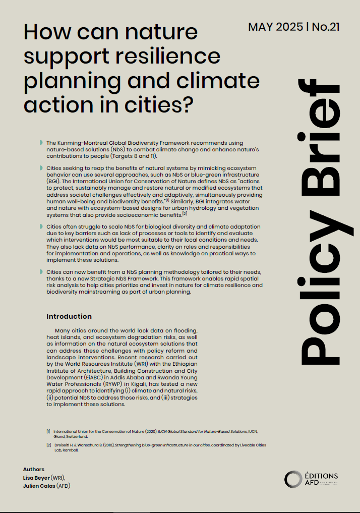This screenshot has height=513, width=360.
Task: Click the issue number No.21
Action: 325,27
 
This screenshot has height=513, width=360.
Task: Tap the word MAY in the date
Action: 261,27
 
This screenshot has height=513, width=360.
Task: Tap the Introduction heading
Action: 69,316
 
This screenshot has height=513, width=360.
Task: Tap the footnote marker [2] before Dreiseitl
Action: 48,445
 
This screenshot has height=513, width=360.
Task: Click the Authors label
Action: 33,469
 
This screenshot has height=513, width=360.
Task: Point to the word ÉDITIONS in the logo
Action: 321,476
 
